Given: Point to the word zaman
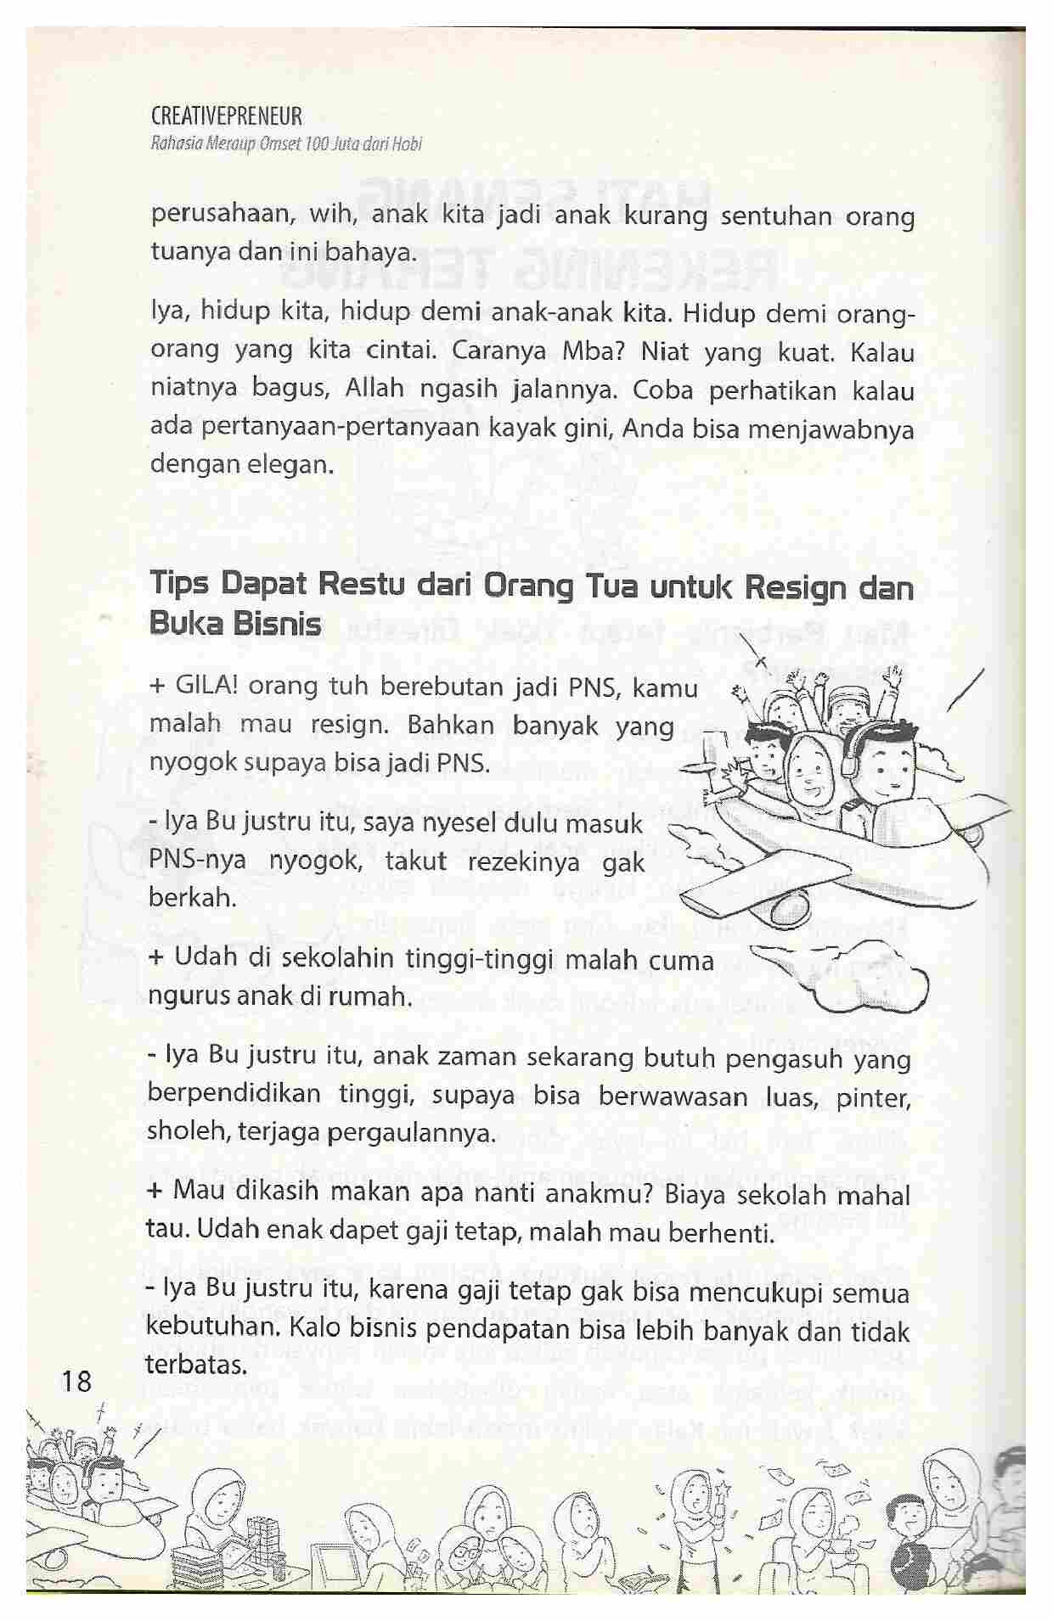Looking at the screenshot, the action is tap(471, 1058).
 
